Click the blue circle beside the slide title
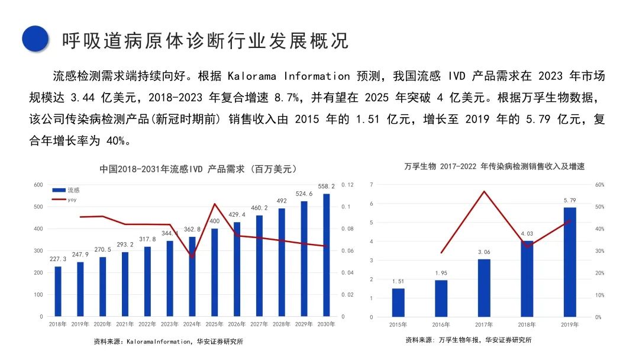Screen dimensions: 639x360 point(35,38)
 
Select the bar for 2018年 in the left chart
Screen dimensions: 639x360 point(58,291)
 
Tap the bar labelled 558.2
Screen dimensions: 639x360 point(327,255)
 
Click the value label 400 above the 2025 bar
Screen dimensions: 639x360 point(214,221)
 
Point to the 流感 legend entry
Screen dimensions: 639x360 point(66,190)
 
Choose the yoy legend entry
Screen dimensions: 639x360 point(64,200)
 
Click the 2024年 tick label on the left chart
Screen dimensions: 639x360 point(192,324)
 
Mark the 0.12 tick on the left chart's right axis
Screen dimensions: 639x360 point(348,185)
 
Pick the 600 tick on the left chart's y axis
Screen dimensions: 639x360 point(38,185)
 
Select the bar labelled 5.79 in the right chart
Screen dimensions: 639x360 point(570,262)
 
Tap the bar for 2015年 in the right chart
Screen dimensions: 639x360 point(398,303)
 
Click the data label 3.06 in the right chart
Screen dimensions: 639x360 point(484,252)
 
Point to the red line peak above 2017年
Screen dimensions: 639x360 point(484,191)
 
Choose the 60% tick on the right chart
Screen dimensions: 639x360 point(599,185)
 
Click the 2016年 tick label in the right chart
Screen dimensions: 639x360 point(441,324)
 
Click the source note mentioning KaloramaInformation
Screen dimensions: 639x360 point(168,341)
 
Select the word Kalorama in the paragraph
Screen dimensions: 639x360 point(252,76)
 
